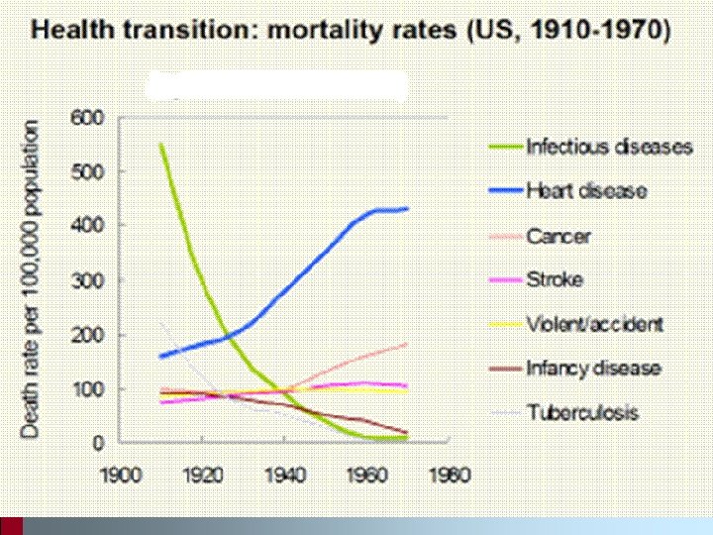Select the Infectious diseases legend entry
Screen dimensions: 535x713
coord(609,148)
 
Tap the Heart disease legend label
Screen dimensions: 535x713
coord(585,191)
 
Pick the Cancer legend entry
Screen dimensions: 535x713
coord(560,236)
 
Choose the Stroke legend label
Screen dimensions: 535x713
coord(555,279)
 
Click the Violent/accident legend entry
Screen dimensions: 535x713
coord(594,324)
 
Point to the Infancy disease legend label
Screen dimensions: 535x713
coord(592,369)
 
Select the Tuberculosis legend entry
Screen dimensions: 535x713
coord(581,412)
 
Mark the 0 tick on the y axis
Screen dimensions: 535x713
coord(99,444)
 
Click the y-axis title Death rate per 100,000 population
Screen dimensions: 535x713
coord(32,279)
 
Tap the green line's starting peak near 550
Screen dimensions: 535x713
coord(160,145)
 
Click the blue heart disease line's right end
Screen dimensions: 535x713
coord(407,208)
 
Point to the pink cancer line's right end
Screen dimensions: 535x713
coord(407,344)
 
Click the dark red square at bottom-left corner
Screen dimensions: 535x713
coord(11,526)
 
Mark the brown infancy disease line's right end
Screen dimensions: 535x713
coord(407,433)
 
